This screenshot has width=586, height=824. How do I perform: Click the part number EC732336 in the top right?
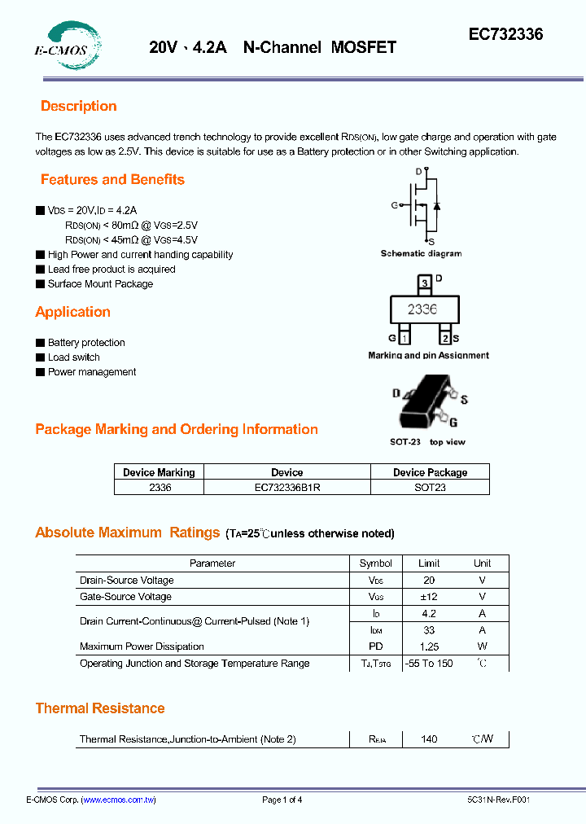(x=505, y=34)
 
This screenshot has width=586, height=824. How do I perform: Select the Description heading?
(x=78, y=106)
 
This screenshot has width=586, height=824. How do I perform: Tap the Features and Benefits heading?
(x=112, y=179)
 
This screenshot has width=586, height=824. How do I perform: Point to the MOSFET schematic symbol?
(x=422, y=205)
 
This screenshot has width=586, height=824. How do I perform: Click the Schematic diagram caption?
(x=421, y=253)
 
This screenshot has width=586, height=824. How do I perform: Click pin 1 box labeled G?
(x=405, y=337)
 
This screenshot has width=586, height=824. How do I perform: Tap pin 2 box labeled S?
(x=444, y=337)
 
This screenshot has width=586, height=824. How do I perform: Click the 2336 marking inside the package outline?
(x=422, y=309)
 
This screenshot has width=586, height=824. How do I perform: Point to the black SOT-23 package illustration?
(x=425, y=402)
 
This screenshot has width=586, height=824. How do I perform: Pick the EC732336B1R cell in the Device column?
(x=286, y=487)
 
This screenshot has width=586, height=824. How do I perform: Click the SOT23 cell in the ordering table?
(x=430, y=487)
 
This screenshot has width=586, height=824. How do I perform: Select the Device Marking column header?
(x=159, y=472)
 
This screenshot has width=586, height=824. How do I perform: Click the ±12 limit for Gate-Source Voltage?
(x=429, y=597)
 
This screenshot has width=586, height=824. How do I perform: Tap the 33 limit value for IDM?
(x=429, y=629)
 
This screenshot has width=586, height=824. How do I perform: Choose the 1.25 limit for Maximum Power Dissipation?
(x=429, y=646)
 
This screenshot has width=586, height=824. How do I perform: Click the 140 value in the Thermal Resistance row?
(x=429, y=739)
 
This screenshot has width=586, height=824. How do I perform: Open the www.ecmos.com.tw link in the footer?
(x=119, y=800)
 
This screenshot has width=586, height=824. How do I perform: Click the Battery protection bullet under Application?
(x=85, y=343)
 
